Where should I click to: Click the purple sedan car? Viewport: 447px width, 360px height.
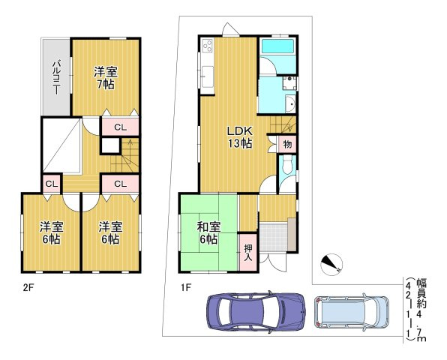click(256, 312)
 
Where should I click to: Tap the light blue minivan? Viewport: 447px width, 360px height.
click(351, 312)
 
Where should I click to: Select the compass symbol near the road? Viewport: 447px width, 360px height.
click(331, 264)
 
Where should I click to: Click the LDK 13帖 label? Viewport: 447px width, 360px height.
click(240, 137)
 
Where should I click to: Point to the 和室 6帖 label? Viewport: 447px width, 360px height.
click(209, 233)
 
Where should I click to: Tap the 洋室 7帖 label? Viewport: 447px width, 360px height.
click(106, 78)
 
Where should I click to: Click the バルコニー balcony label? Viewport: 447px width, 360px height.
click(55, 77)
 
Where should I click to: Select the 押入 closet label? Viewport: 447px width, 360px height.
click(248, 253)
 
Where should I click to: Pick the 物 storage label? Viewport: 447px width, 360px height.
click(288, 144)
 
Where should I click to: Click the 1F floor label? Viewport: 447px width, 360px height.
click(184, 287)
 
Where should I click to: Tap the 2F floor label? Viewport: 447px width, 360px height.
click(28, 287)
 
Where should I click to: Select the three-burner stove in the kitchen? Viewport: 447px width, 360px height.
click(208, 46)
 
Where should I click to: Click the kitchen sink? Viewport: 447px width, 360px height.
click(207, 77)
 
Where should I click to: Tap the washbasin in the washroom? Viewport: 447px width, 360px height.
click(291, 104)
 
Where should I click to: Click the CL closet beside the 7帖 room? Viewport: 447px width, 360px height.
click(120, 127)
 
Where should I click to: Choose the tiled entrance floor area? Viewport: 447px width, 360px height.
click(273, 237)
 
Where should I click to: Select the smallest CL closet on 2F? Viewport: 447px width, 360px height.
click(52, 184)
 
